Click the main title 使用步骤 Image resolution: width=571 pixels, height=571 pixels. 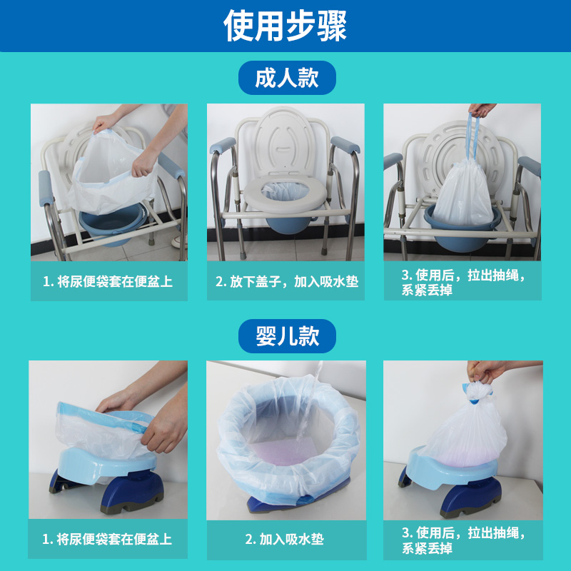[x=285, y=26]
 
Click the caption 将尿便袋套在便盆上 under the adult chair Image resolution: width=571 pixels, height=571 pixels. [x=108, y=281]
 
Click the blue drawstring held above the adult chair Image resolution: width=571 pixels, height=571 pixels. [x=473, y=136]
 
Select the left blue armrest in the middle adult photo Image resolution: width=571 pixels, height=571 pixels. [x=223, y=146]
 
